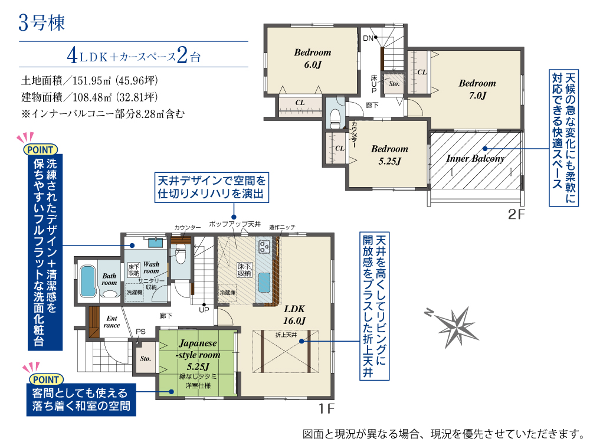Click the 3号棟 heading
point(41,22)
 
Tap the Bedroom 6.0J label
point(312,58)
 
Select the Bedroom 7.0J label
point(477,89)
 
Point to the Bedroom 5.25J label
point(389,155)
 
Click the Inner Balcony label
point(475,158)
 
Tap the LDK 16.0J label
point(294,315)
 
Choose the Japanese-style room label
point(198,354)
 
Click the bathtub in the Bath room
point(88,281)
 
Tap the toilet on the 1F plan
point(180,256)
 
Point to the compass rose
point(453,326)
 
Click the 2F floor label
point(516,214)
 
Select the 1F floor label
point(327,408)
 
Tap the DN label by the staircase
point(368,38)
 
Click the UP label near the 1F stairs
point(204,310)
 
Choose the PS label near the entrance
point(141,332)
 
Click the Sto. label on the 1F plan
point(145,358)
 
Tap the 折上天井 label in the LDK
point(286,335)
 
